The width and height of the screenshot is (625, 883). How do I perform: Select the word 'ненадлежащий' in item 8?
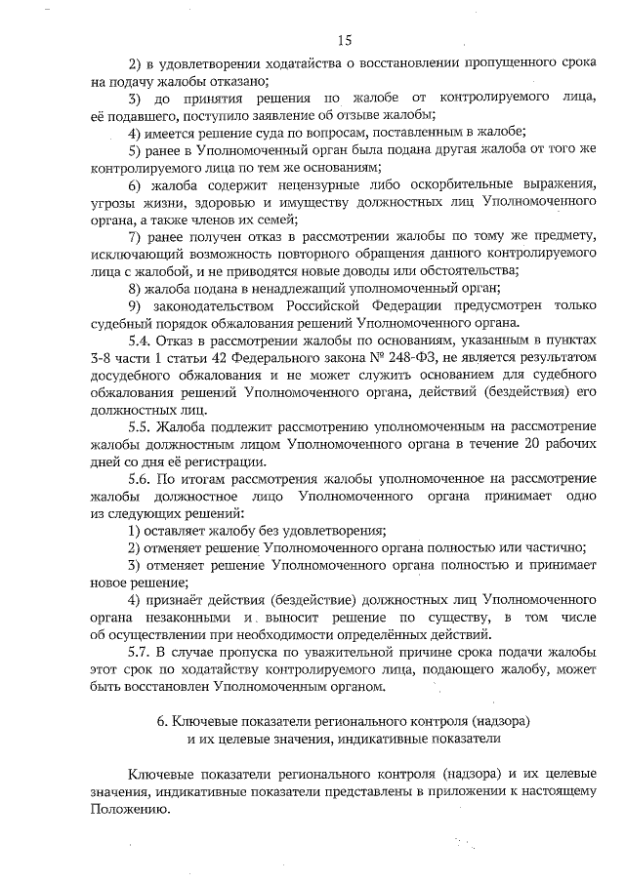(294, 287)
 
